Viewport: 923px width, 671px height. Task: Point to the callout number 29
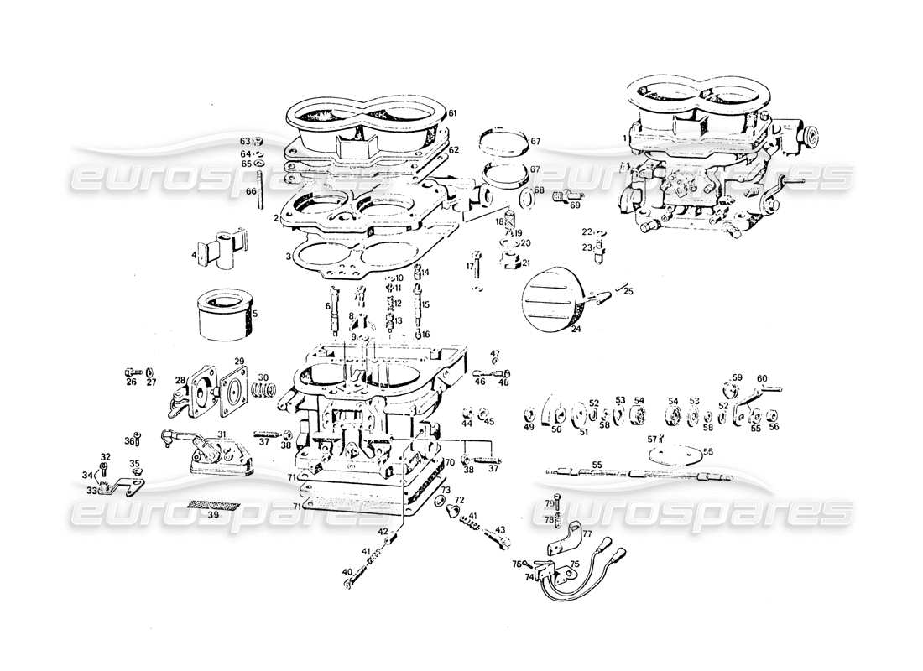(x=238, y=362)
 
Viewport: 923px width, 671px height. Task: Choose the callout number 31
(x=222, y=434)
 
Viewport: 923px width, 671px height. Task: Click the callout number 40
(x=347, y=572)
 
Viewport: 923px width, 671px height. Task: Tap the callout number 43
(x=500, y=529)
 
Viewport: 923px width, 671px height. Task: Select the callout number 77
(x=587, y=533)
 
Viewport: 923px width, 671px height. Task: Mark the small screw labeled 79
(x=559, y=505)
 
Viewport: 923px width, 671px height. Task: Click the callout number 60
(x=762, y=378)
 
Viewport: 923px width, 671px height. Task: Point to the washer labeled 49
(x=529, y=416)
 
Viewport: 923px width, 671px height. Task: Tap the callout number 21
(x=526, y=263)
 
